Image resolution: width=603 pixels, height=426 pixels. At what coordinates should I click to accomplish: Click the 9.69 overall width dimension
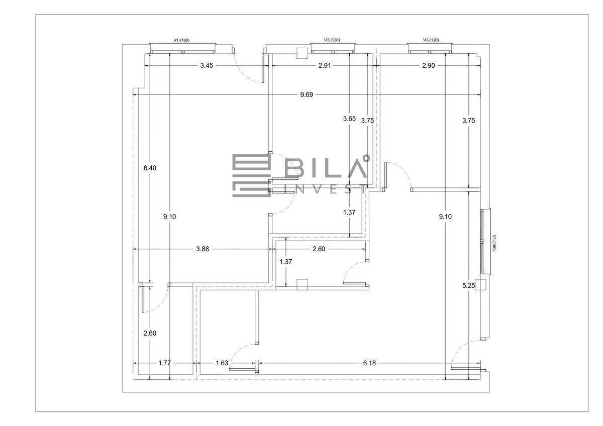click(307, 95)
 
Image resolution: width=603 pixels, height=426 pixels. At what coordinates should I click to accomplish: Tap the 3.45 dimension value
click(207, 65)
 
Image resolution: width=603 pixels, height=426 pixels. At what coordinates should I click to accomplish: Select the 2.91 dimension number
click(325, 65)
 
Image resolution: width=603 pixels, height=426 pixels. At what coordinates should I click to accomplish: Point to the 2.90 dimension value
click(428, 65)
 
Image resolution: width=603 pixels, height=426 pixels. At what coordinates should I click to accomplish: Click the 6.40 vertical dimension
click(150, 168)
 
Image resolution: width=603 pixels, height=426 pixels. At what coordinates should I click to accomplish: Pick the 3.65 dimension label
click(349, 119)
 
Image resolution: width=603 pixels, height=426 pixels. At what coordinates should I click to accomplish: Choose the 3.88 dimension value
click(202, 249)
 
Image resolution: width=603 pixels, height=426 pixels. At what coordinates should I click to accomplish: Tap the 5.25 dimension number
click(469, 285)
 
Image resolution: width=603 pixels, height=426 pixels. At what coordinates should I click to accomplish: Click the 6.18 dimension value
click(369, 363)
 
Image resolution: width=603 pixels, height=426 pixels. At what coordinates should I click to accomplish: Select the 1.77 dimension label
click(164, 363)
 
